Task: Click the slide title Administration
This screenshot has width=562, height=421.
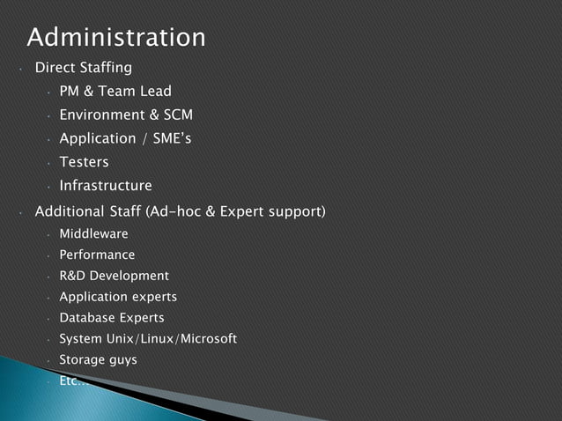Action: click(x=116, y=38)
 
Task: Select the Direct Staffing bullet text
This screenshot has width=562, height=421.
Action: click(x=83, y=68)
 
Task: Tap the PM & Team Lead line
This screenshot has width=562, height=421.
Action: click(x=115, y=92)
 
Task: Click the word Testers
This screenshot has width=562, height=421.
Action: click(x=84, y=163)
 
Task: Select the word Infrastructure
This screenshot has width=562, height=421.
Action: click(x=106, y=187)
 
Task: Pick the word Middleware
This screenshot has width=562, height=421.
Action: click(x=93, y=234)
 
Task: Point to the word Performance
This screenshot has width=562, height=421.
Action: click(x=97, y=255)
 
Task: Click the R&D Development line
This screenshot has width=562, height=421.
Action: click(x=114, y=277)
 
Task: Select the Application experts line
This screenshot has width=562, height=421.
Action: click(x=118, y=298)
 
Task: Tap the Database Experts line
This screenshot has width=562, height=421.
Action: click(x=112, y=318)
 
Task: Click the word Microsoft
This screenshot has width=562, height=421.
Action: click(x=208, y=339)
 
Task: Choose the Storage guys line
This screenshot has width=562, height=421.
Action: click(x=98, y=360)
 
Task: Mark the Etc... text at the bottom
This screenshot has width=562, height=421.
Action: click(x=73, y=381)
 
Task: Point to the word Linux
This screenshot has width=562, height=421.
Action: click(x=159, y=339)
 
